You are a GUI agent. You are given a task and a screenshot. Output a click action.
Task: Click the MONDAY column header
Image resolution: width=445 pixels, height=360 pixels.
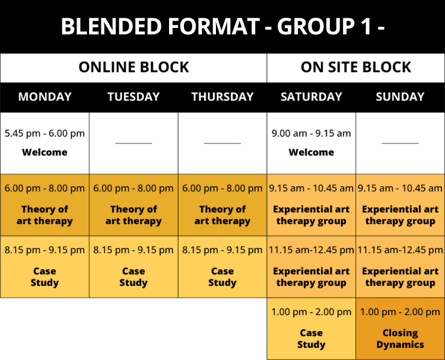point(45,97)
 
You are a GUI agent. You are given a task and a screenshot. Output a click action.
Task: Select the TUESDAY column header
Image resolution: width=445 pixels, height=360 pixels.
point(133,97)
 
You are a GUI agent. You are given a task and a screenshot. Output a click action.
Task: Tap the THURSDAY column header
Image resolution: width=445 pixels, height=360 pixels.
point(223,97)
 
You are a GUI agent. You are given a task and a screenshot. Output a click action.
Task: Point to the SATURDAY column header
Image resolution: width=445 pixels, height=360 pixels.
point(311,97)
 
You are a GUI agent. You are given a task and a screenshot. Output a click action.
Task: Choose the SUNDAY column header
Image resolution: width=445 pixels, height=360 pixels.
point(400,97)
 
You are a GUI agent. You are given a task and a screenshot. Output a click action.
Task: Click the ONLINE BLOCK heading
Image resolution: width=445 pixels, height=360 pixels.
point(133,67)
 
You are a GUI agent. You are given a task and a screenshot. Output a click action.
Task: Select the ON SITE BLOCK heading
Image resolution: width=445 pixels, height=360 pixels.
point(356,67)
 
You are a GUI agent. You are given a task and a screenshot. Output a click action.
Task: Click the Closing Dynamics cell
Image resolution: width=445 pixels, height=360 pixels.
point(400,329)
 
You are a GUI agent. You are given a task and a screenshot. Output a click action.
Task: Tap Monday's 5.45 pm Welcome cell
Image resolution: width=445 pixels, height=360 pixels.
point(45,144)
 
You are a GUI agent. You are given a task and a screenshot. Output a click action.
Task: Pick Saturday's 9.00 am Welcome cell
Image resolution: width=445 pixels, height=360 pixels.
point(311,144)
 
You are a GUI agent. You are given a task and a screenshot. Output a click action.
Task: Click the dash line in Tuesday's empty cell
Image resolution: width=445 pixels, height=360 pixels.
point(133,144)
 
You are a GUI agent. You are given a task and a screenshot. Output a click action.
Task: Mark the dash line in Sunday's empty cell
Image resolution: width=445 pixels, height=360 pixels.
point(400,144)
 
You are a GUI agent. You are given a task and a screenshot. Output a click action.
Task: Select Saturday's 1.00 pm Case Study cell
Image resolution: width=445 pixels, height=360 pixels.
point(311,329)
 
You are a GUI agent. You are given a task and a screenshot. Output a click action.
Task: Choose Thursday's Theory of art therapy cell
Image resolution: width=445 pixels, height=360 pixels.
point(223,205)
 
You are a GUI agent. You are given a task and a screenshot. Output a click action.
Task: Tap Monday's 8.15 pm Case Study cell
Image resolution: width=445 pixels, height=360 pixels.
point(45,267)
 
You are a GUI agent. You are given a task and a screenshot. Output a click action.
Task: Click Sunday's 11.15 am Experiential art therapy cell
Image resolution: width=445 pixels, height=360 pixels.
point(400,267)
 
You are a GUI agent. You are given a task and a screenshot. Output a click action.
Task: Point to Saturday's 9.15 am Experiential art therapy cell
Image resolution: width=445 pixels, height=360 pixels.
point(311,205)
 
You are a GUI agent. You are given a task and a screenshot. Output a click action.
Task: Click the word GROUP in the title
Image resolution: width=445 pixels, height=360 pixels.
point(316,26)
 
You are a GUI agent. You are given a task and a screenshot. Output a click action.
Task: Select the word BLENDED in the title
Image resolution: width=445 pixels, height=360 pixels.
point(112,26)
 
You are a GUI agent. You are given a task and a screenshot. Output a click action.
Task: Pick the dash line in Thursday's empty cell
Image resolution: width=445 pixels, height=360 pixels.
point(223,144)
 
